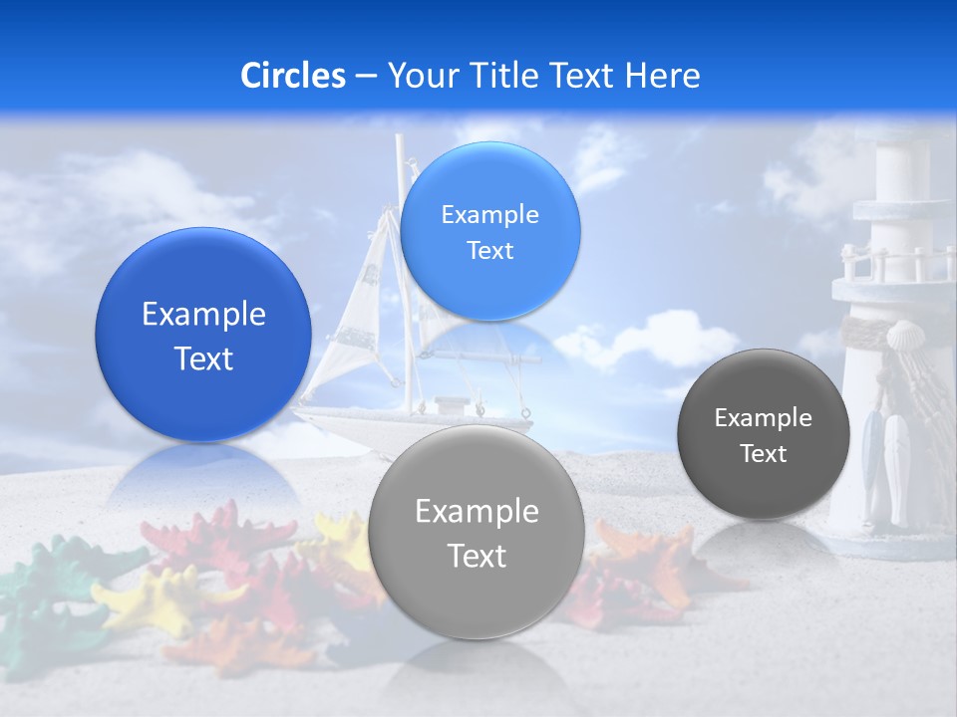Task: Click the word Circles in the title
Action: (292, 76)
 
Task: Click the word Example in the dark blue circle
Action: (203, 315)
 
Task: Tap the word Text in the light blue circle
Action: (489, 251)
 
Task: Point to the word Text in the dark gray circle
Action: (763, 454)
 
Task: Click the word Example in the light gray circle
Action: (477, 512)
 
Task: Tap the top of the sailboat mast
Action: (400, 139)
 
